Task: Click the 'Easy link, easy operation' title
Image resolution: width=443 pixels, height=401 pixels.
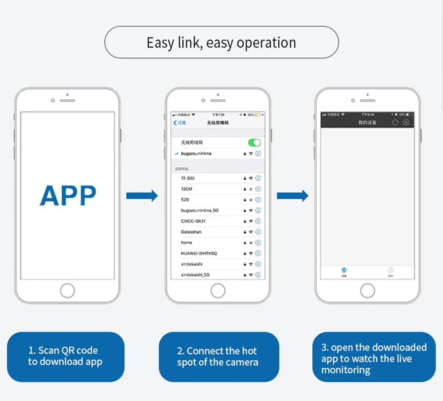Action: coord(221,43)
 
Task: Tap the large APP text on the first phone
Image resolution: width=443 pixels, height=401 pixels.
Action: coord(68,195)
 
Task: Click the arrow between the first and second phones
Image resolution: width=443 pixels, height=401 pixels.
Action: coord(142,196)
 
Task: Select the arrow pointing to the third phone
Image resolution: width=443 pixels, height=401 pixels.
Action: coord(292,196)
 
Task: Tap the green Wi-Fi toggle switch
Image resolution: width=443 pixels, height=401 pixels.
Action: coord(254,143)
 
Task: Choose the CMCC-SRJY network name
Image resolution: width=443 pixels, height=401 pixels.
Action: coord(193,221)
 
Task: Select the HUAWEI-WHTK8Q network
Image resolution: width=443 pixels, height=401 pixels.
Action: coord(199,253)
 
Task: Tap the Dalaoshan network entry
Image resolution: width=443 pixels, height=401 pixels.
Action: coord(191,232)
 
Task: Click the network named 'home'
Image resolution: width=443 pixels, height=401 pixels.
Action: coord(187,243)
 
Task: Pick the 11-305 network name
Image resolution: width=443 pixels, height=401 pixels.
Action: coord(188,178)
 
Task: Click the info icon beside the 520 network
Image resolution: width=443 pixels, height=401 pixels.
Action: coord(258,200)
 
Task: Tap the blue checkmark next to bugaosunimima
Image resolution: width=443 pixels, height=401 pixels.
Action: coord(177,154)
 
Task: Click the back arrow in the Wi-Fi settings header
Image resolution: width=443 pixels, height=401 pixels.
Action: coord(175,123)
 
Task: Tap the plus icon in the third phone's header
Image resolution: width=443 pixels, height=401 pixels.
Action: coord(406,123)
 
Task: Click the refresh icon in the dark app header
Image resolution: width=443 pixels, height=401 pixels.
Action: coord(395,123)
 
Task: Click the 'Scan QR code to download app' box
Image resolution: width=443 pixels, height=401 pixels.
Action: coord(66,356)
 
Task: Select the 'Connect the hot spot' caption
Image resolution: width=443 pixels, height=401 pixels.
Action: coord(218,357)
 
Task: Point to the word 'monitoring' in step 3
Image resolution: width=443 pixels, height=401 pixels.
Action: coord(346,370)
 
